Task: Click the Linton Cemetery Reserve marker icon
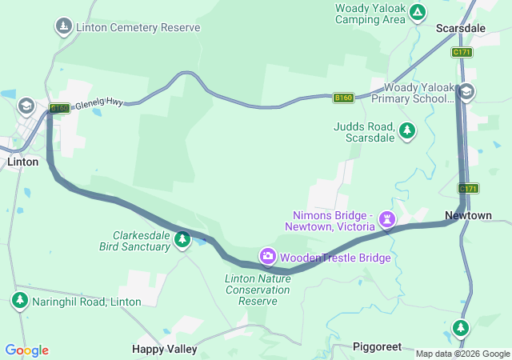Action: (64, 27)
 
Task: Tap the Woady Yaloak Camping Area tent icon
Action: (417, 13)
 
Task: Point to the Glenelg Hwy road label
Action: (101, 105)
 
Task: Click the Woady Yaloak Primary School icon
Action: (467, 92)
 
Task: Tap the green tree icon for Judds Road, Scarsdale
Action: (407, 130)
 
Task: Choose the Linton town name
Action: (22, 162)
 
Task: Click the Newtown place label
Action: (468, 216)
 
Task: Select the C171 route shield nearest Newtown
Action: (468, 189)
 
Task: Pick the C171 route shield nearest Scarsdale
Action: (461, 52)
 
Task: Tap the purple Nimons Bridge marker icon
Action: (388, 218)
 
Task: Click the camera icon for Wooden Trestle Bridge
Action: (267, 257)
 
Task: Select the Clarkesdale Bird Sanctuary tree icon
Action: (182, 239)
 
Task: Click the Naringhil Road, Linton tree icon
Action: (19, 300)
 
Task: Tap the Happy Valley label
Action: (164, 349)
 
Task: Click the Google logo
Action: (26, 350)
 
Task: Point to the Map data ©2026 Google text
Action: (462, 354)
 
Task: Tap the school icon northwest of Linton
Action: (26, 106)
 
